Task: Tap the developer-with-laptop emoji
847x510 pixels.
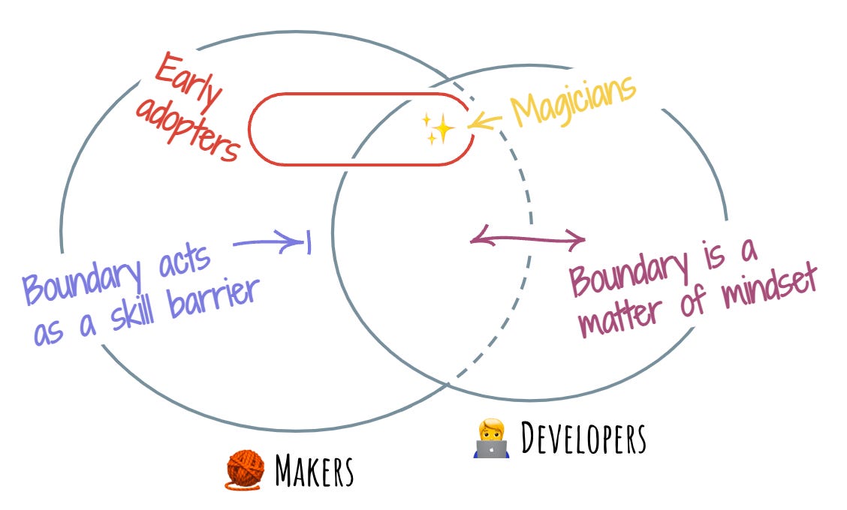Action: click(x=493, y=439)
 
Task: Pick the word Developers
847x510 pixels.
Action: click(x=583, y=439)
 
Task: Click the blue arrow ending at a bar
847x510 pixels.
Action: click(x=270, y=241)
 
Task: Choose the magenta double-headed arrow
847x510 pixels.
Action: click(x=527, y=240)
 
